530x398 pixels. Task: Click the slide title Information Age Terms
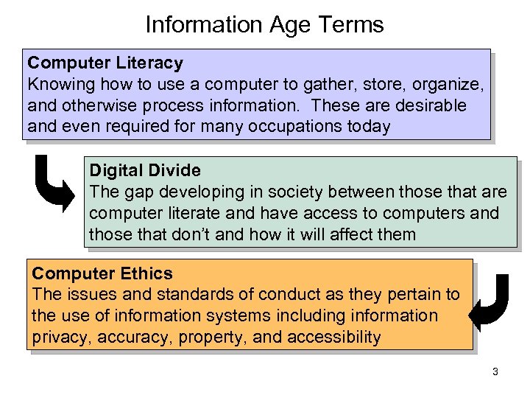(x=264, y=25)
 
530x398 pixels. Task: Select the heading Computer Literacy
(x=105, y=63)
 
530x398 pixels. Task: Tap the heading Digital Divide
(x=145, y=170)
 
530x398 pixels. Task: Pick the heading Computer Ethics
(x=102, y=273)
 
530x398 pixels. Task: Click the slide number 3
(x=495, y=371)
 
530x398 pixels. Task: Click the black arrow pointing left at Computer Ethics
(x=489, y=302)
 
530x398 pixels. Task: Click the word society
(x=283, y=192)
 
